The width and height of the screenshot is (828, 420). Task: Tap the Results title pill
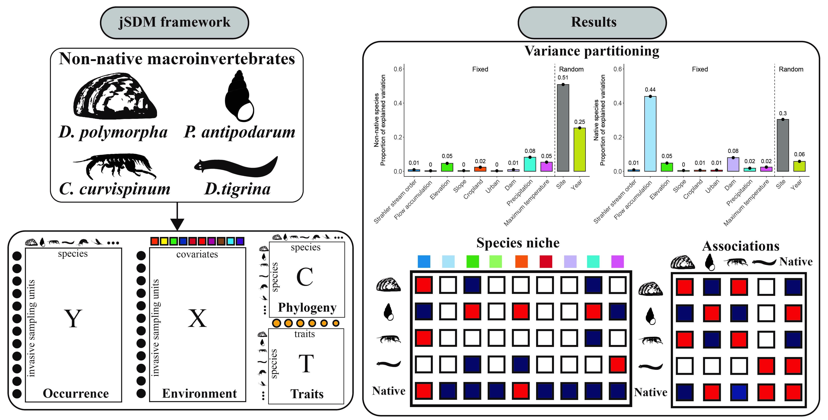(x=592, y=23)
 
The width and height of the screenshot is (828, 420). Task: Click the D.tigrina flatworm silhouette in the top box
(x=236, y=166)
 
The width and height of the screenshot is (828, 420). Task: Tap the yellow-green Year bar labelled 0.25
(x=580, y=150)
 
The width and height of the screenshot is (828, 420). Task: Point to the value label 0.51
(x=563, y=78)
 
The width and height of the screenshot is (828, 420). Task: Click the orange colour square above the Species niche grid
(x=521, y=261)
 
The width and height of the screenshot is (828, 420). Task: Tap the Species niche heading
(x=518, y=243)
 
